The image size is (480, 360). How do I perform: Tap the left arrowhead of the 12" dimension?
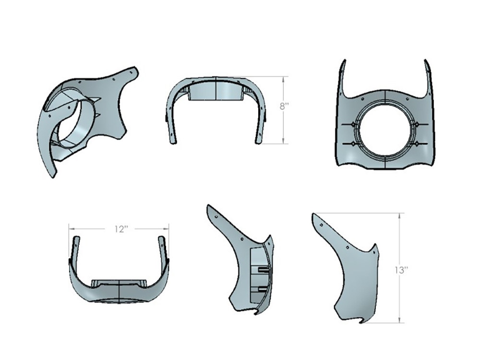[x=71, y=229]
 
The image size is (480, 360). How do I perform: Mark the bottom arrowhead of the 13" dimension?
[x=399, y=321]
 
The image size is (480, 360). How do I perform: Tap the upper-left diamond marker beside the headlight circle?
[x=354, y=124]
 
